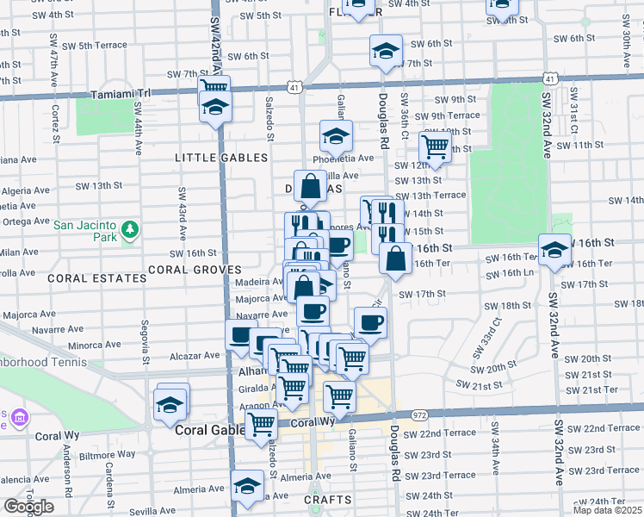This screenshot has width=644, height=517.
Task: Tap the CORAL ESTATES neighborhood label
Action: [96, 278]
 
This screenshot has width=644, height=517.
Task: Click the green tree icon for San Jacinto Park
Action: [129, 230]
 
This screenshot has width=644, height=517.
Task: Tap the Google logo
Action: [28, 507]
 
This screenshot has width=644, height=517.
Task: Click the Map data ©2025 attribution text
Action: [607, 510]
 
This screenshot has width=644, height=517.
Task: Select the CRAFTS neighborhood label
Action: [328, 500]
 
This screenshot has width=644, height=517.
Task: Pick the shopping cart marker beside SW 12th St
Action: [436, 146]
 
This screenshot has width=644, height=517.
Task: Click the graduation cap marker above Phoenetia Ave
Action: [336, 135]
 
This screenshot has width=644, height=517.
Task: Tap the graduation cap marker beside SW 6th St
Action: [386, 51]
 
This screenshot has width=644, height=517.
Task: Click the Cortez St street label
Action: [54, 114]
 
